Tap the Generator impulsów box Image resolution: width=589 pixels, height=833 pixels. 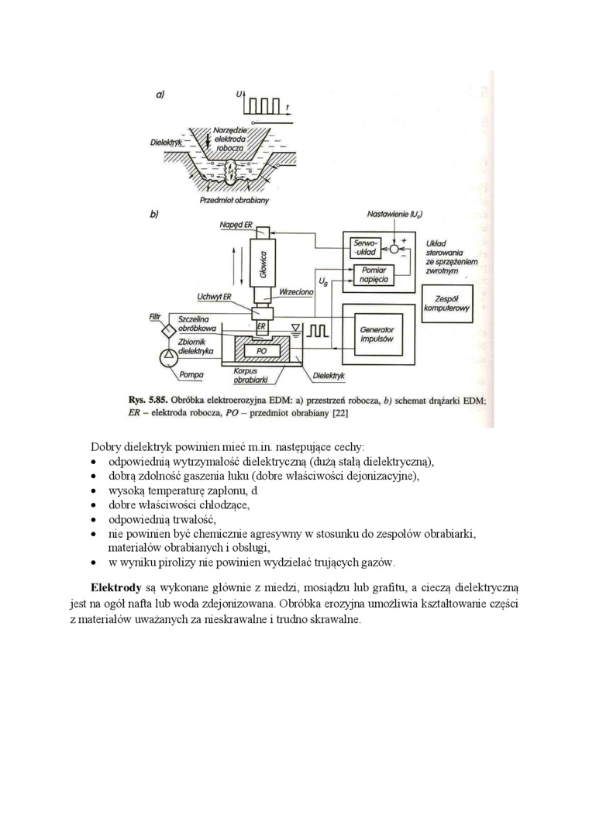click(377, 334)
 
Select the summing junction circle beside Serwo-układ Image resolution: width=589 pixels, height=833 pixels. click(396, 249)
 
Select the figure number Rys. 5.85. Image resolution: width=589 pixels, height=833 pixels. click(148, 400)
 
